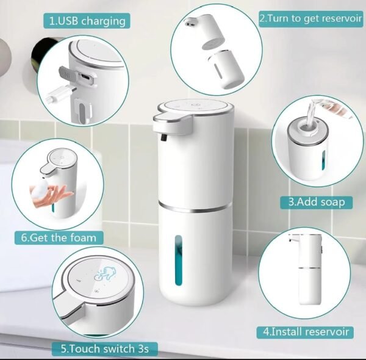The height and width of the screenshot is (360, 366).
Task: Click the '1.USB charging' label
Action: (87, 21)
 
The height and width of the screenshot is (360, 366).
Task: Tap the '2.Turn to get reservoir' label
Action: (311, 18)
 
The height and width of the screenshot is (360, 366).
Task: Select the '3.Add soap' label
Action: (316, 202)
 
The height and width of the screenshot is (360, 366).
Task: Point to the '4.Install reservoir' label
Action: (306, 331)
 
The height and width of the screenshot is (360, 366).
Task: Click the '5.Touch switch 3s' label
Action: (104, 349)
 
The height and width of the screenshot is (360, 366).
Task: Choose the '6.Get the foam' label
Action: (59, 238)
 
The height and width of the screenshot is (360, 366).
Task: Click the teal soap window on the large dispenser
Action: (178, 261)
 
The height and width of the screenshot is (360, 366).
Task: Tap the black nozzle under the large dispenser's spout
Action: (164, 137)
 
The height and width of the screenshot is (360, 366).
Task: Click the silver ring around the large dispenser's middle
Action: (195, 207)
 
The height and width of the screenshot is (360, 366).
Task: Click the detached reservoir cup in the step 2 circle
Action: (226, 69)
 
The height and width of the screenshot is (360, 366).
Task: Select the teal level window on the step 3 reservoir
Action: (323, 160)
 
